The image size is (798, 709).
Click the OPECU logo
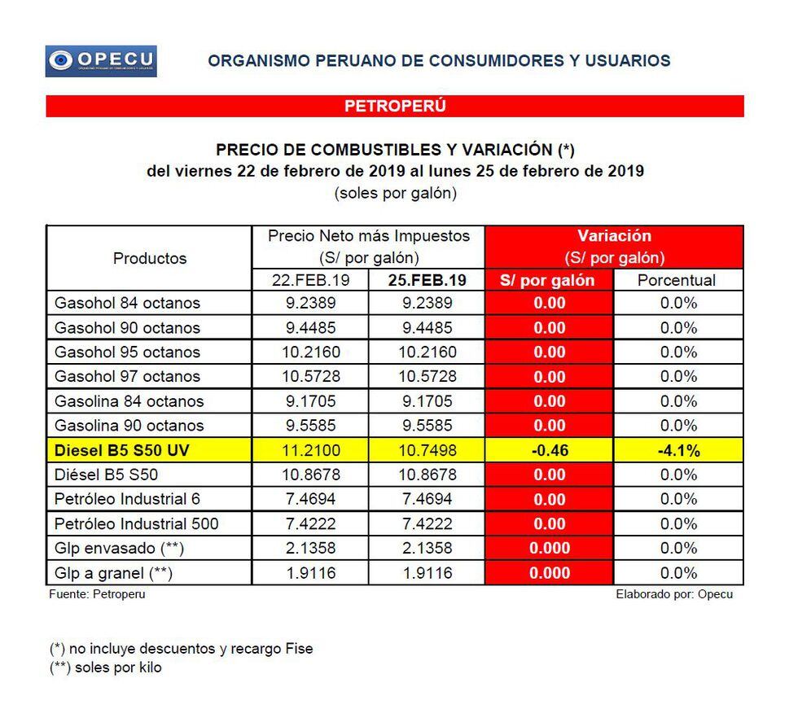coord(101,61)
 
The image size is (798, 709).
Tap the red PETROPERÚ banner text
coord(395,106)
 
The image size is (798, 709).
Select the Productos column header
coord(150,258)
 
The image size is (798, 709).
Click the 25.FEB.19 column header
coord(427,280)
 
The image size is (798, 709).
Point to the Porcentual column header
coord(677,280)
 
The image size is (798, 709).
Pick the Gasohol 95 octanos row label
coord(127,352)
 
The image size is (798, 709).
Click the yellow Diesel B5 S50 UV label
coord(121,450)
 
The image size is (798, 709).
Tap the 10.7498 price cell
coord(427,450)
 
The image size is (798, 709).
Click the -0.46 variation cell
coord(549,450)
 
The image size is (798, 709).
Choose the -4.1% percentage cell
coord(677,450)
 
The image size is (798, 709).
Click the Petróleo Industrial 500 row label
coord(137,523)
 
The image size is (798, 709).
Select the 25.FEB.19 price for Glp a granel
coord(427,573)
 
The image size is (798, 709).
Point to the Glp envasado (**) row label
coord(116,548)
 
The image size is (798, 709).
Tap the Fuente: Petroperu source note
coord(98,594)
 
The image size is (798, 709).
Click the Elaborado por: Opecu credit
coord(674,594)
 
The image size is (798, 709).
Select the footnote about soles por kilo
coord(106,667)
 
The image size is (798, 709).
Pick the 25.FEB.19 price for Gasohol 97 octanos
coord(427,377)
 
